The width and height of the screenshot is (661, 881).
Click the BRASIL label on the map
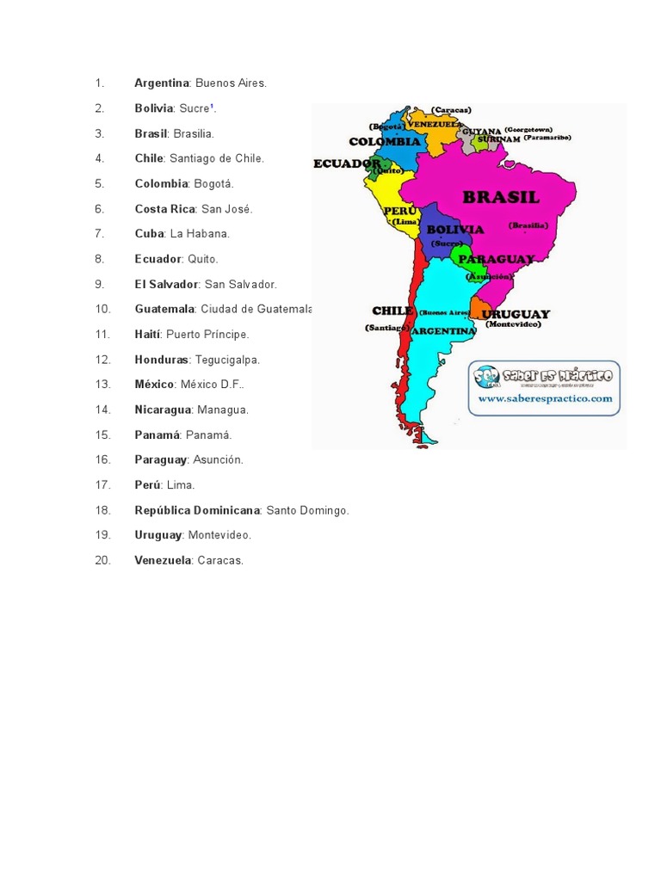(x=501, y=197)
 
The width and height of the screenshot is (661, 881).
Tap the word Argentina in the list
(x=162, y=83)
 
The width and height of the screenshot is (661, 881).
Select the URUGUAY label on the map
(x=516, y=314)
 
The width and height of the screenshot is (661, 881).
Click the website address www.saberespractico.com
(x=545, y=398)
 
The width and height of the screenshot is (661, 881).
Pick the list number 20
(x=103, y=560)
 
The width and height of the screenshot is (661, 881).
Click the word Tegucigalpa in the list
(x=227, y=360)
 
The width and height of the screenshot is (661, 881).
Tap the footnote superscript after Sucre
(x=213, y=107)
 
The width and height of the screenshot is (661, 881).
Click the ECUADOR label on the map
(x=347, y=163)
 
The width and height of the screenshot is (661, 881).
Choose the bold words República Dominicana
(x=197, y=510)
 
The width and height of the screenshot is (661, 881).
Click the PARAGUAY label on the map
(x=496, y=258)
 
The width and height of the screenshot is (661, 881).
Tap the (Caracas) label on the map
(x=452, y=110)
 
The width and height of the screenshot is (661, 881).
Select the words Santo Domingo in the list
(x=307, y=510)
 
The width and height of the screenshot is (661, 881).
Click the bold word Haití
(x=147, y=335)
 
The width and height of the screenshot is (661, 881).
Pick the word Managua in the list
(x=222, y=410)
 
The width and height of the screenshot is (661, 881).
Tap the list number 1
(x=100, y=83)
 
